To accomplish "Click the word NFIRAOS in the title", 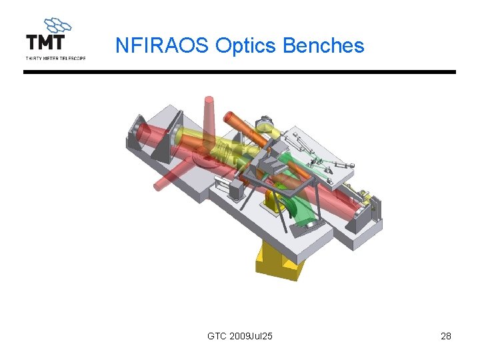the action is coord(162,45).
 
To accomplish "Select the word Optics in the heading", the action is coord(245,46).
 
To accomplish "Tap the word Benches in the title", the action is coord(323,45).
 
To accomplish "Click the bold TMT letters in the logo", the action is coord(45,42).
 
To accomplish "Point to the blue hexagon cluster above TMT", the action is coord(57,25).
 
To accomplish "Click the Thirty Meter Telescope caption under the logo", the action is coord(55,58).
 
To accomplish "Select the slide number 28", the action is coord(446,336).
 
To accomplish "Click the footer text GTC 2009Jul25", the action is coord(240,336).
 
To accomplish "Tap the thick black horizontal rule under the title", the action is coord(239,72).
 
